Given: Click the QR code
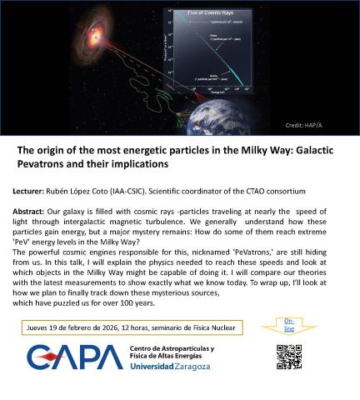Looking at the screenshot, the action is click(287, 357).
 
